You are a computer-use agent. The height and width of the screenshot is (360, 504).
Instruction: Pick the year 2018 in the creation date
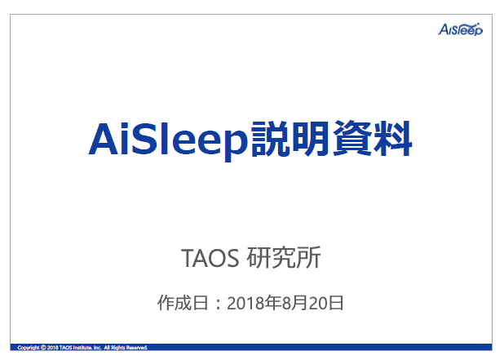click(x=244, y=303)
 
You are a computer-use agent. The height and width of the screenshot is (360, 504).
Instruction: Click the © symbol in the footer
click(x=43, y=348)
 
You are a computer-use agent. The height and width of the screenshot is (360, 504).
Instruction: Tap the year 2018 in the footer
click(x=53, y=348)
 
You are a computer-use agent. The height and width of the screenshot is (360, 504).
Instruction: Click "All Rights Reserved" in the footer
click(x=125, y=348)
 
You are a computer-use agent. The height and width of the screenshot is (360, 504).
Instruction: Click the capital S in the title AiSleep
click(x=138, y=140)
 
